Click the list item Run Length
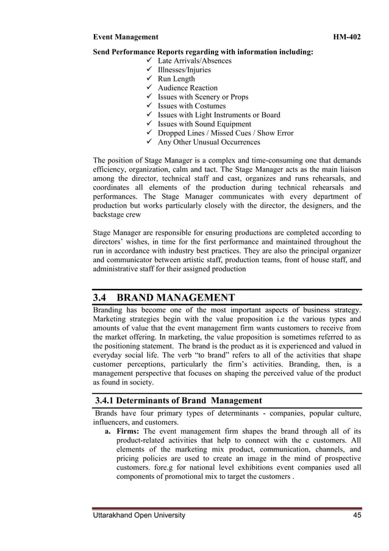coord(176,79)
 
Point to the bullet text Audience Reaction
coord(187,88)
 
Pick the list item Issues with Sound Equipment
coord(204,124)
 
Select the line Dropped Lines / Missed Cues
coord(207,133)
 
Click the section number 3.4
coord(99,297)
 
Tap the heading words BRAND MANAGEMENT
coord(176,297)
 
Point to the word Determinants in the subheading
coord(151,401)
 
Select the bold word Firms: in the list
coord(128,431)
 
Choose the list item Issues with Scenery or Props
coord(202,97)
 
